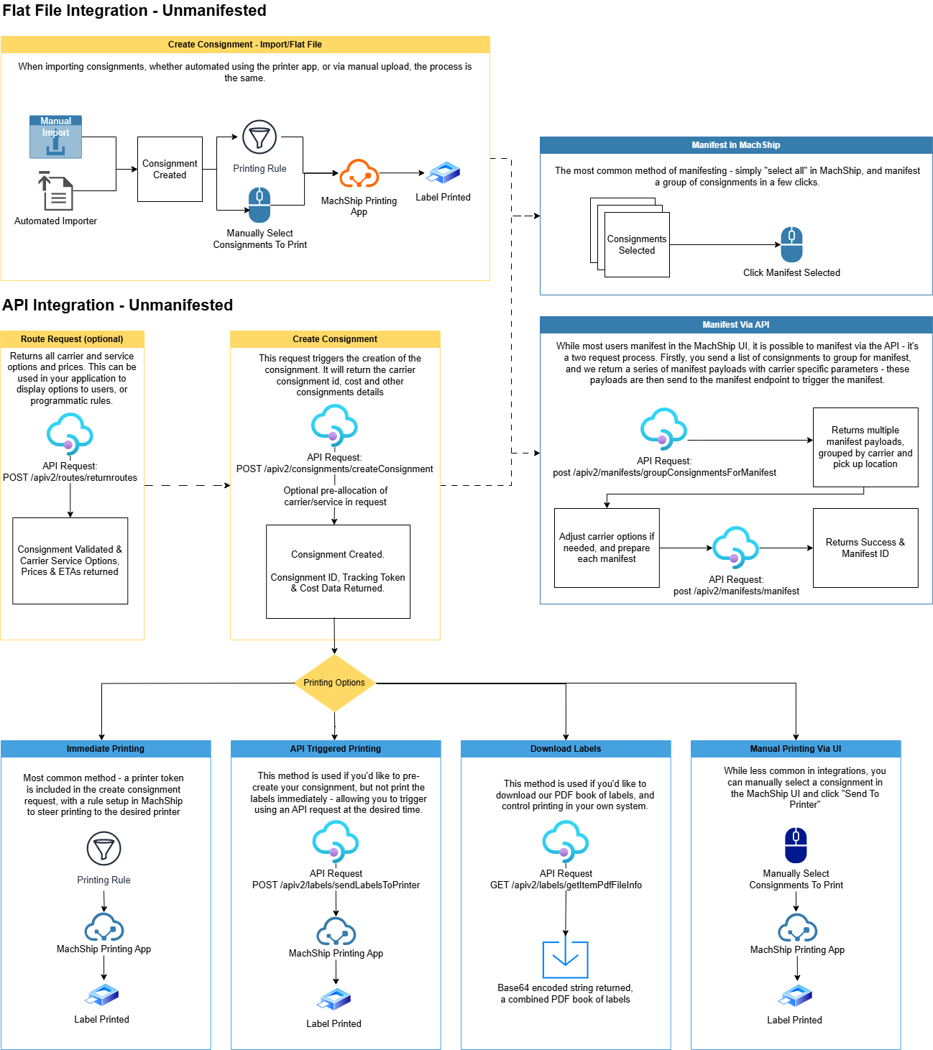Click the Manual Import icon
[x=55, y=137]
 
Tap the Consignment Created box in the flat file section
[x=170, y=170]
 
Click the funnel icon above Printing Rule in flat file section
[x=259, y=137]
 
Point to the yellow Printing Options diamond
[x=334, y=683]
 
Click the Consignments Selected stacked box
[x=636, y=244]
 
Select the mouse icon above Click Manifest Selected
[x=791, y=245]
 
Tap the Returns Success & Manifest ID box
[x=865, y=548]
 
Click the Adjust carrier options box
[x=607, y=548]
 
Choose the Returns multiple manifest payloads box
[x=865, y=447]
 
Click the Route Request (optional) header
[x=72, y=339]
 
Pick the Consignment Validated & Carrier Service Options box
[x=70, y=561]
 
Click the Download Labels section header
[x=566, y=749]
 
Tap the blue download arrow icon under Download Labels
[x=565, y=959]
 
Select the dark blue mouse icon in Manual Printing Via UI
[x=796, y=845]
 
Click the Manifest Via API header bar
[x=736, y=325]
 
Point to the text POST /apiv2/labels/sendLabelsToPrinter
[x=336, y=885]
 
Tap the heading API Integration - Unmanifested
[x=118, y=305]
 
